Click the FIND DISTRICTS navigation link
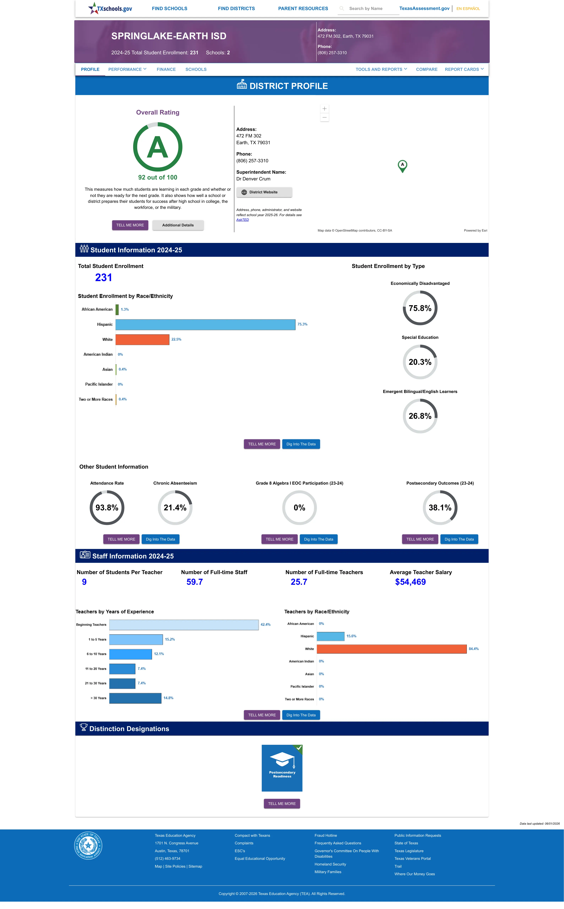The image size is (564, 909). pos(236,9)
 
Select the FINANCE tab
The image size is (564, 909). pos(166,69)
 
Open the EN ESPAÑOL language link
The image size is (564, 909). pos(468,9)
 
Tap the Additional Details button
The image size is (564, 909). pos(178,225)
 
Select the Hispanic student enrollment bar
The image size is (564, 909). pos(206,324)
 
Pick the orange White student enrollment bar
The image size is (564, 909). pos(143,339)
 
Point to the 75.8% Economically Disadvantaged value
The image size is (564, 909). pos(420,308)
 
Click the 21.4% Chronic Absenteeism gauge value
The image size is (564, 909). pos(175,508)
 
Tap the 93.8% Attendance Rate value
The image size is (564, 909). pos(107,508)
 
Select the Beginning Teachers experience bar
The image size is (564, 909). pos(184,625)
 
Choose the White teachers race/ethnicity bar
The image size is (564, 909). pos(392,649)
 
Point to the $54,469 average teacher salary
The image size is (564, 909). pos(410,582)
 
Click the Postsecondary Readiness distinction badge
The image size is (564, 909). pos(282,768)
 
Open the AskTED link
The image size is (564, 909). pos(243,220)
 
